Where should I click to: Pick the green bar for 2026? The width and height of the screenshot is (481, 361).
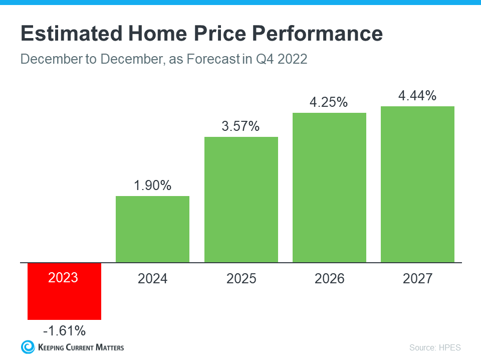329,188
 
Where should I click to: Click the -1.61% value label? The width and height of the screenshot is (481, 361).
64,331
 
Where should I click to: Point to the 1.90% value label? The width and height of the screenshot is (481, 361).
152,186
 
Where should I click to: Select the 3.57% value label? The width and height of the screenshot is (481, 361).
241,126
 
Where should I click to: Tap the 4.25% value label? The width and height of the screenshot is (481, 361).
329,102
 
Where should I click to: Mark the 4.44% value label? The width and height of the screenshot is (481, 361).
417,96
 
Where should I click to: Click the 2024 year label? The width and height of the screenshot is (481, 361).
152,279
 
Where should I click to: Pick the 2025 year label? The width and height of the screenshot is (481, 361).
241,279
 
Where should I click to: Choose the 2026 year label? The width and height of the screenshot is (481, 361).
329,279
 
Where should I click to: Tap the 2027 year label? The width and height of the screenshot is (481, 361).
417,279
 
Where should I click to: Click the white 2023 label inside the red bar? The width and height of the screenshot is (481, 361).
64,277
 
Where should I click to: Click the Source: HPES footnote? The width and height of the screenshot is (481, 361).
434,347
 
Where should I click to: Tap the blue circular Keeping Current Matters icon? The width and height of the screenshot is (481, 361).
28,346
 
